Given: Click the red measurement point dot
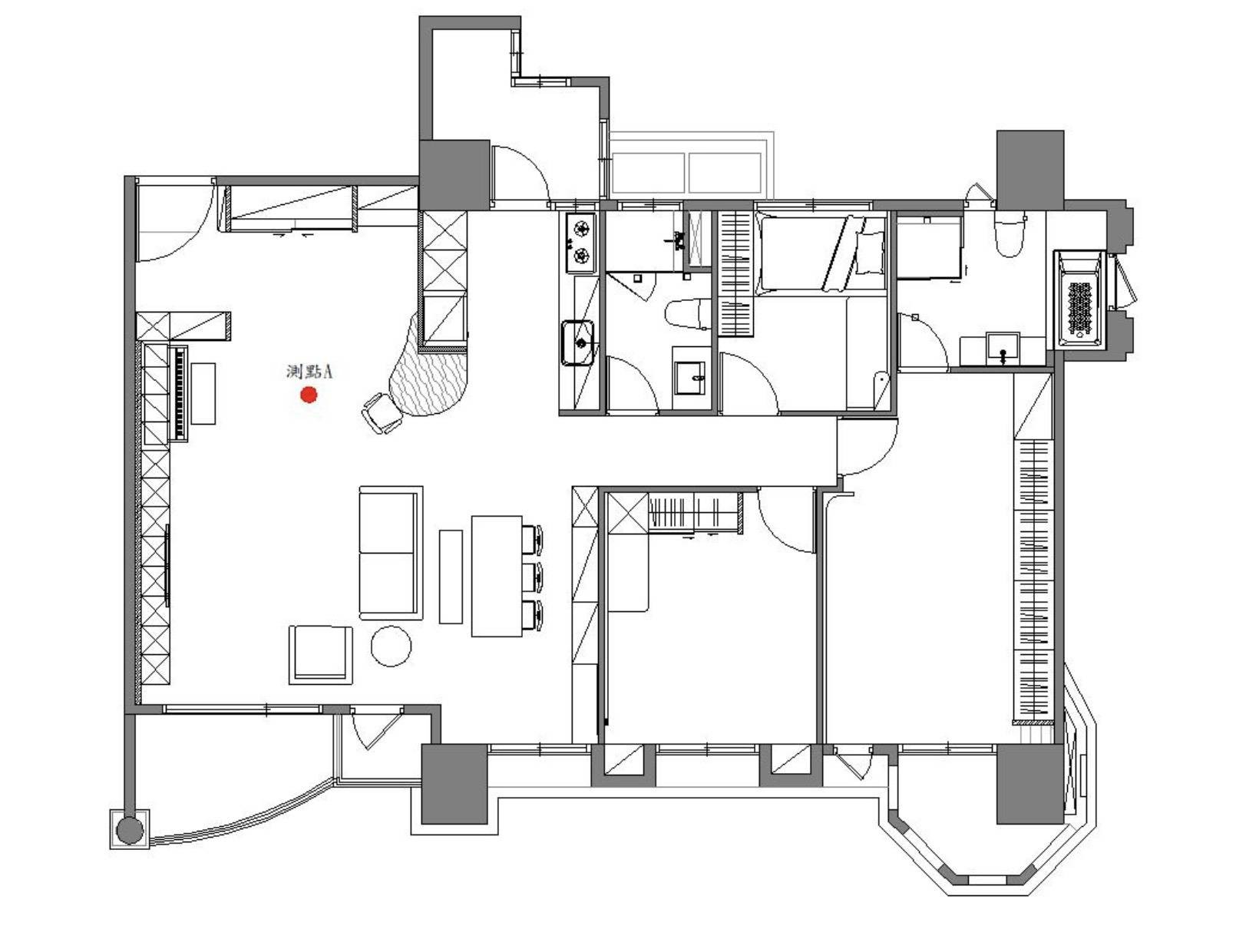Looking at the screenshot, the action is [x=309, y=395].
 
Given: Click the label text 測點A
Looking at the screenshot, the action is [x=309, y=372].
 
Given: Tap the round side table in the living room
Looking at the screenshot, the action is [x=391, y=646].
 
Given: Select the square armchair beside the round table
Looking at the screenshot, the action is [x=320, y=654].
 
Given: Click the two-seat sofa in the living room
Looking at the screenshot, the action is [x=391, y=552].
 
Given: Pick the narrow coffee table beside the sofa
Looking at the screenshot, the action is [x=451, y=577].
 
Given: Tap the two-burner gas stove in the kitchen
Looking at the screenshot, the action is [x=580, y=242].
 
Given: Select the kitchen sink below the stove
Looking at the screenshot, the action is [x=578, y=343].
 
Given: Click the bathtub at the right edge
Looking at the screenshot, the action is [x=1079, y=299].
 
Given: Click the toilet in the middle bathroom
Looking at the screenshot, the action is [x=688, y=314].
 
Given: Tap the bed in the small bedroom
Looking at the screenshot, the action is [x=821, y=253].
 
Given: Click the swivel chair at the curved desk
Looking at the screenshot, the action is [x=382, y=412].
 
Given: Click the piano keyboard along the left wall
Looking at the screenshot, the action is [x=180, y=392].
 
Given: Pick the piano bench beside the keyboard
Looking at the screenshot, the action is [x=203, y=393].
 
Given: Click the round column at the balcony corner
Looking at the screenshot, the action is [x=130, y=830].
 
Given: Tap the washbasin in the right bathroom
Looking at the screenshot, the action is [x=1002, y=347].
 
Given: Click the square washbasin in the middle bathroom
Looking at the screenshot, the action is [x=689, y=378].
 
